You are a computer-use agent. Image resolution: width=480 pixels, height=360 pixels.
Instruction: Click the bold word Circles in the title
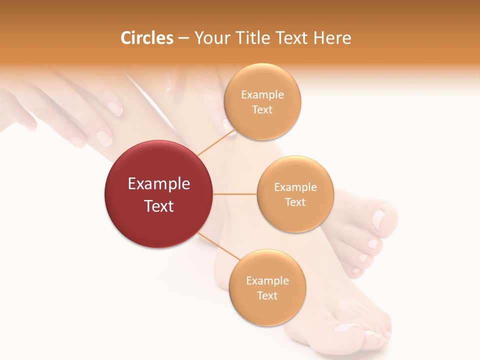tap(146, 38)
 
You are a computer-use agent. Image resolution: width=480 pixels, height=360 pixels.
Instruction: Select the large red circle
tap(158, 194)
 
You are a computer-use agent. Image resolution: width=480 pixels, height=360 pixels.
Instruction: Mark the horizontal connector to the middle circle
tap(234, 194)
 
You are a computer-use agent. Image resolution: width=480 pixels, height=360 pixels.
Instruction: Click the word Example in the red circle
tap(158, 184)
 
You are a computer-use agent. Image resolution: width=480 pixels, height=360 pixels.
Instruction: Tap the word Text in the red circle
tap(158, 206)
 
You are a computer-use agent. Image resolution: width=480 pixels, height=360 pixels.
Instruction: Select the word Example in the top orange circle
tap(262, 95)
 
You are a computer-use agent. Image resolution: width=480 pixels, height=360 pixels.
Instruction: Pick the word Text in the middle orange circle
tap(295, 202)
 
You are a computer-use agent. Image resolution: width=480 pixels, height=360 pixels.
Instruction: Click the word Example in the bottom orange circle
tap(267, 281)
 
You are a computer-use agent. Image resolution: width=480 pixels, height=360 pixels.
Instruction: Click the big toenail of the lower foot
tap(345, 328)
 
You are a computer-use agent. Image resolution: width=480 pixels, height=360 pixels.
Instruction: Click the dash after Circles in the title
tap(183, 38)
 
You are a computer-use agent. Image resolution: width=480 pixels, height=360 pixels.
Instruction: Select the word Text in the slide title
tap(291, 38)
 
